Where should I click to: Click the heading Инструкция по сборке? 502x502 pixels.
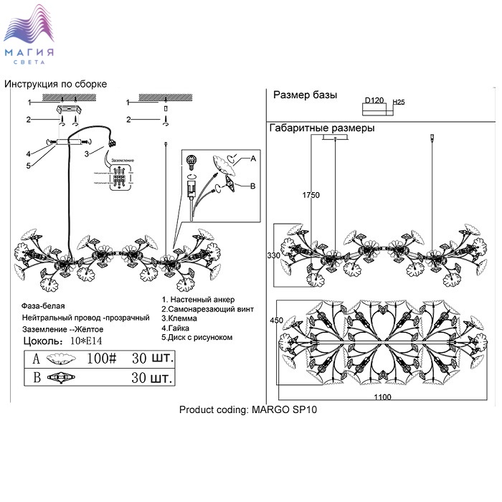coord(55,84)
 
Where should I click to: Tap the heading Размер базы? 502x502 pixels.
coord(305,95)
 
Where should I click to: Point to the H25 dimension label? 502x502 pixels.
coord(399,103)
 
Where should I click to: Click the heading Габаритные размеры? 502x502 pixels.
coord(322,128)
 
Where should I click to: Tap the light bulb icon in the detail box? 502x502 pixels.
coord(191,161)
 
